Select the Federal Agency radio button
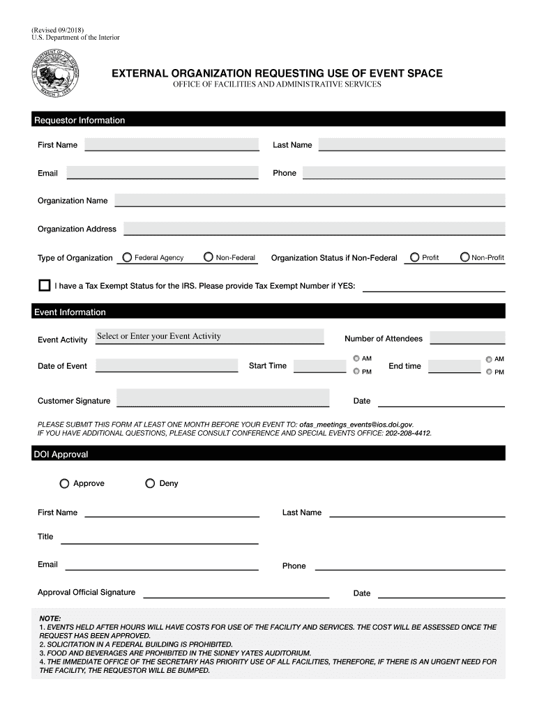(127, 257)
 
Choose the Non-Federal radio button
(209, 257)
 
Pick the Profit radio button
(415, 257)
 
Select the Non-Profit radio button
(465, 257)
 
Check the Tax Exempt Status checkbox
(45, 285)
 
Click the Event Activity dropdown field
(209, 336)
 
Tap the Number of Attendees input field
(467, 337)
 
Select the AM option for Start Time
(356, 358)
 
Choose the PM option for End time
(489, 372)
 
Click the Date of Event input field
(167, 365)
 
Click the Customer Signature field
(222, 398)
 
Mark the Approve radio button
(65, 483)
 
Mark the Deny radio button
(150, 483)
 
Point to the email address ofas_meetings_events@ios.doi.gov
(356, 424)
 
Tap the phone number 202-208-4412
(408, 433)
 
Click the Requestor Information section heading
(80, 120)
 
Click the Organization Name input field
(310, 200)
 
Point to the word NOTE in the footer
(50, 618)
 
